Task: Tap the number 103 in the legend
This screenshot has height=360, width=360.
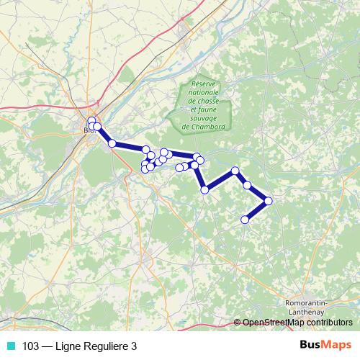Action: tap(31, 346)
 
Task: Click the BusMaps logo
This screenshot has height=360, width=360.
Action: tap(325, 345)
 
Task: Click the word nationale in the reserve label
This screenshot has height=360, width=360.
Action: tap(205, 93)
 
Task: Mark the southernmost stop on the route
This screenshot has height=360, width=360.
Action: tap(245, 219)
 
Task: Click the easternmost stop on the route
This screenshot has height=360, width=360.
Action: tap(269, 201)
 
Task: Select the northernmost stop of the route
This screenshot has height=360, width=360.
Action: tap(91, 120)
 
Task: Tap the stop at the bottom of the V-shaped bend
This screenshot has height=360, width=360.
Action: tap(205, 189)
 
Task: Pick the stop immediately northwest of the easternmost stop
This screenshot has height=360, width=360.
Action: tap(247, 185)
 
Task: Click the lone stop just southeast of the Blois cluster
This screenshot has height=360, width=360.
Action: tap(112, 143)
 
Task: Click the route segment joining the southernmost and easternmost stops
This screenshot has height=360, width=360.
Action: tap(257, 210)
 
